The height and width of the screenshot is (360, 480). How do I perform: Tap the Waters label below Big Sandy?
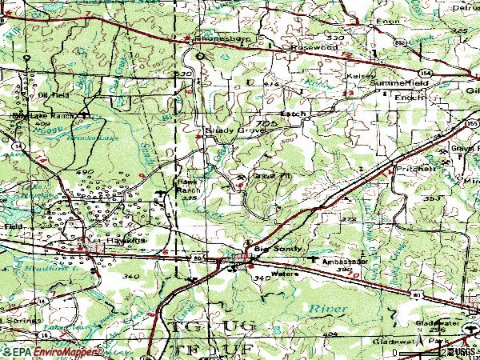[284, 273]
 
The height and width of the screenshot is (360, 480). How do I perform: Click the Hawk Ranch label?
[189, 187]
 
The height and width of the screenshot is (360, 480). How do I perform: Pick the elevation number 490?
[86, 172]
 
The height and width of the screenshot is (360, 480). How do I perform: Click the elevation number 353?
[432, 198]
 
